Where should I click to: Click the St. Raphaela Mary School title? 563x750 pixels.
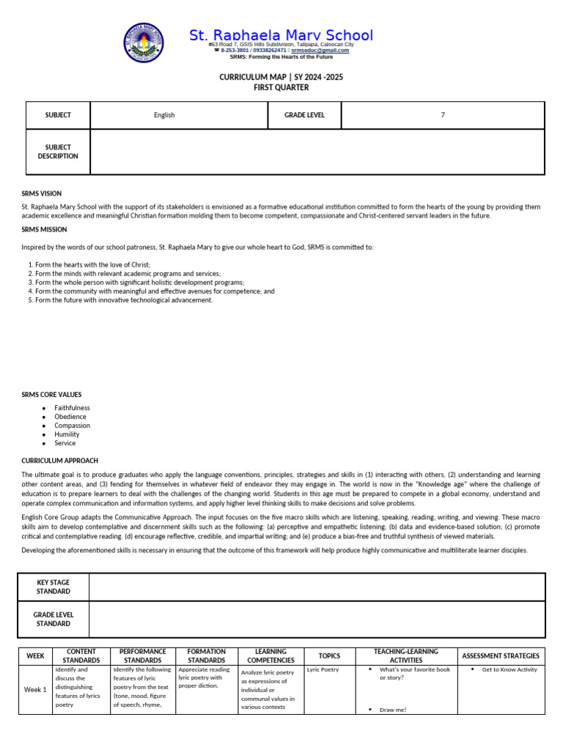[x=281, y=35]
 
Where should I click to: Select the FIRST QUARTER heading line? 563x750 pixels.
[x=281, y=87]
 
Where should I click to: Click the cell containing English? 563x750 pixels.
[x=164, y=115]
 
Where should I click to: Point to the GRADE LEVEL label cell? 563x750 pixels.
[x=304, y=115]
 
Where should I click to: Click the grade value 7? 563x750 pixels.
[x=442, y=115]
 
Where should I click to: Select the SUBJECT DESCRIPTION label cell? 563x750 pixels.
[x=58, y=152]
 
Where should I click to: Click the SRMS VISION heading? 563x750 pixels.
[x=42, y=193]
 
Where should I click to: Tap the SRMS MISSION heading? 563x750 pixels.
[x=44, y=229]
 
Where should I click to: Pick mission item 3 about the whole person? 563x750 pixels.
[x=139, y=282]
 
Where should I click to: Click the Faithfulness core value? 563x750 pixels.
[x=72, y=408]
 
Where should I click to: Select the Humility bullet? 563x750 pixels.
[x=67, y=434]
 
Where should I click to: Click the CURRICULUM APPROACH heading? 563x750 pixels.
[x=59, y=461]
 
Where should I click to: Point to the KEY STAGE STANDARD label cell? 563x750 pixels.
[x=54, y=587]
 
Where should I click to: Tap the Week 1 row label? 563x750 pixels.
[x=35, y=689]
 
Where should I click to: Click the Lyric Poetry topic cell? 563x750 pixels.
[x=323, y=669]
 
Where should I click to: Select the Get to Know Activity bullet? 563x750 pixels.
[x=509, y=669]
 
